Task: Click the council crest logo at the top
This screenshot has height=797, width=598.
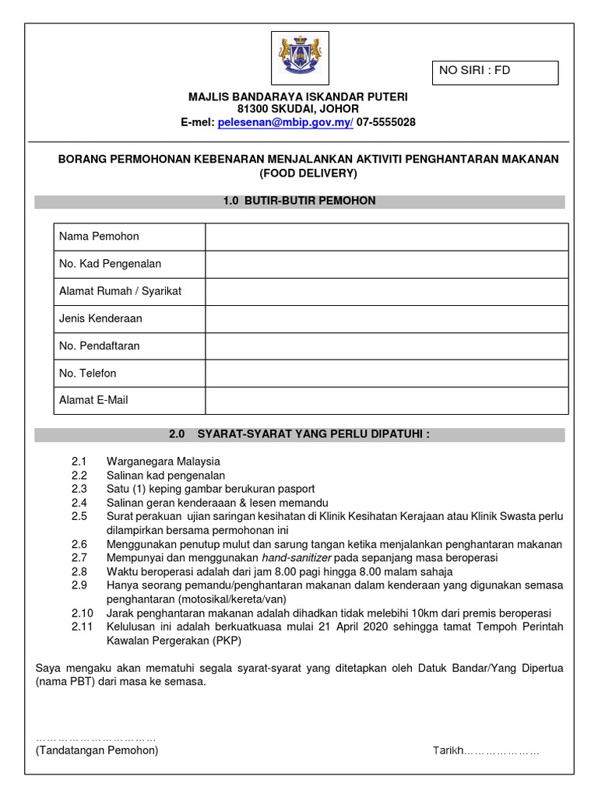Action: coord(298,58)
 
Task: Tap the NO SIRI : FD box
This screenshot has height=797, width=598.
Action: coord(496,72)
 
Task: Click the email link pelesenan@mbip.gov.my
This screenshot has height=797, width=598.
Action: coord(285,123)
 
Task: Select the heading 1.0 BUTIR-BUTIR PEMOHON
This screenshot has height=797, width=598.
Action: coord(299,201)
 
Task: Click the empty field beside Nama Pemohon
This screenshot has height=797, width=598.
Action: coord(386,237)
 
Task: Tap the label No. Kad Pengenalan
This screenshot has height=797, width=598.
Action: coord(110,264)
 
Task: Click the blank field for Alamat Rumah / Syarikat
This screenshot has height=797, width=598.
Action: coord(386,291)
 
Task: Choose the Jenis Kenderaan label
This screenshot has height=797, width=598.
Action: coord(100,318)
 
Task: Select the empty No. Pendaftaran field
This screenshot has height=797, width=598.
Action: coord(386,346)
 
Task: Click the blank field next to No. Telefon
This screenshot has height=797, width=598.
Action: coord(386,373)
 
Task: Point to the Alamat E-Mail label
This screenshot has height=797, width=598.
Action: coord(93,400)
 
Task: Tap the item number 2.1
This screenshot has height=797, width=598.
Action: coord(79,462)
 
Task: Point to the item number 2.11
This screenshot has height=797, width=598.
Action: coord(82,627)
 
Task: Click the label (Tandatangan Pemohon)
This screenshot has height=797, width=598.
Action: coord(97,750)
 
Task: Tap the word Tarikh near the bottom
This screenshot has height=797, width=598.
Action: coord(448,751)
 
